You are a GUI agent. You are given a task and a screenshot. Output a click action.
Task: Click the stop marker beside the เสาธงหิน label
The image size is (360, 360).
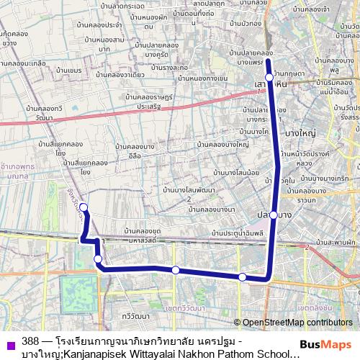[269, 77]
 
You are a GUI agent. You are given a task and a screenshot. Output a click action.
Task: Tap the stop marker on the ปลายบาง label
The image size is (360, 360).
[274, 215]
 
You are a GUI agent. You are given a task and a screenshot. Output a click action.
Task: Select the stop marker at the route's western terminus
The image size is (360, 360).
[84, 208]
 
